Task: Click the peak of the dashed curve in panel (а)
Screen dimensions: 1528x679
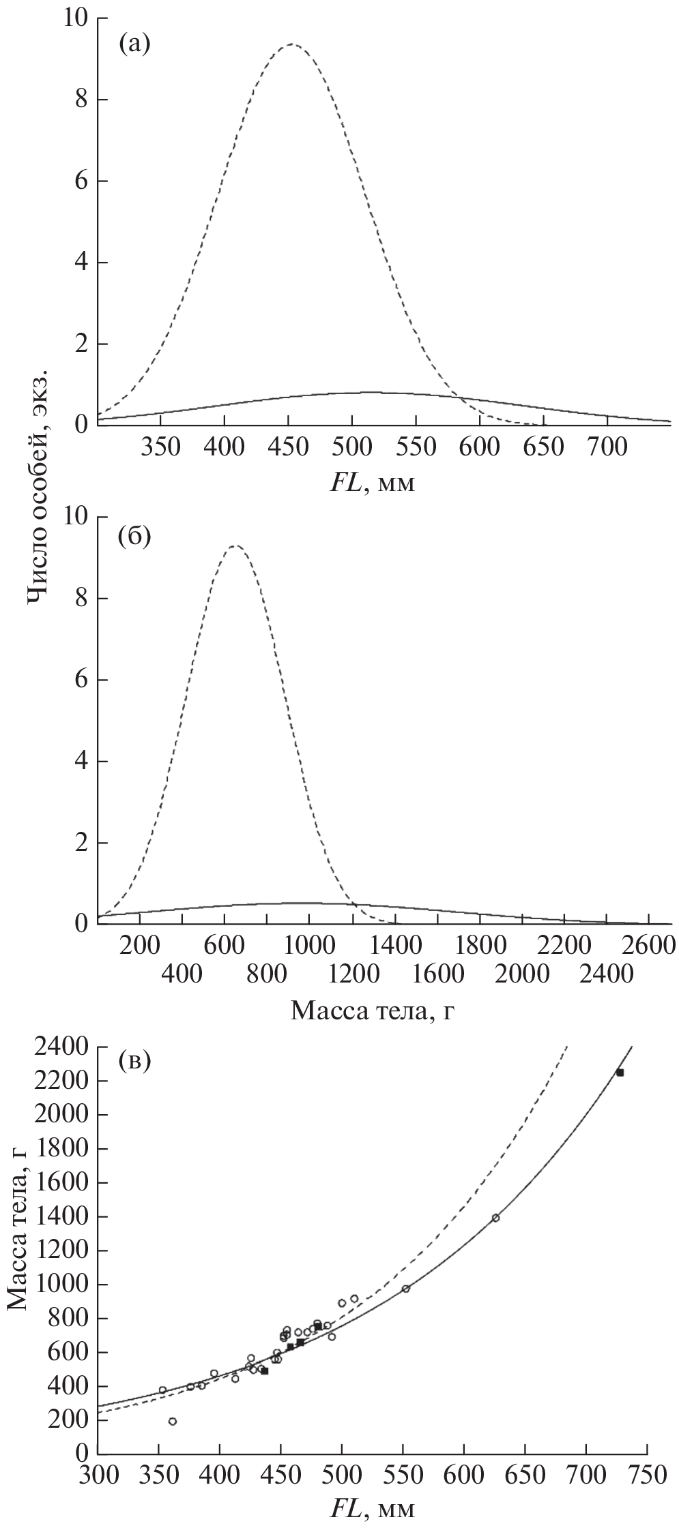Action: [x=292, y=44]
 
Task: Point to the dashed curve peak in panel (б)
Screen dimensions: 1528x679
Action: [x=235, y=545]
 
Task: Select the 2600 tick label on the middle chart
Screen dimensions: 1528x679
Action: [x=649, y=947]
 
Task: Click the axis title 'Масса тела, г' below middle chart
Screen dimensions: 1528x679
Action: [x=372, y=1009]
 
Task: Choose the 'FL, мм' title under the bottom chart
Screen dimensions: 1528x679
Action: [x=373, y=1506]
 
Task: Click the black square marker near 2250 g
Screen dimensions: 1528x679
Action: [x=620, y=1073]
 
